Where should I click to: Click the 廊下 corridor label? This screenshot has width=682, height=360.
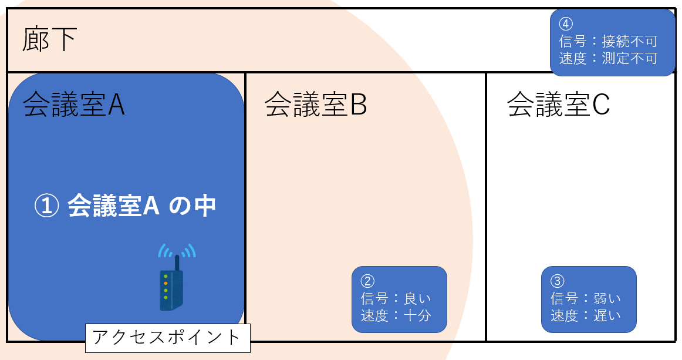tap(49, 41)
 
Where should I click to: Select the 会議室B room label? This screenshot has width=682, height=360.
tap(316, 105)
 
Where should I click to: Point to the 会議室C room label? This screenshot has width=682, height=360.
tap(558, 105)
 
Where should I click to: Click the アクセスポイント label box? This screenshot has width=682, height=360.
tap(167, 338)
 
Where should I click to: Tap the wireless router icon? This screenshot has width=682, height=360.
tap(171, 289)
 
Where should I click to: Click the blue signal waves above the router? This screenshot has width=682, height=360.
tap(176, 251)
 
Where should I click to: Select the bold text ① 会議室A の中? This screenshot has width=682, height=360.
tap(126, 206)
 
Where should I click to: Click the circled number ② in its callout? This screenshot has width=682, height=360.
tap(367, 280)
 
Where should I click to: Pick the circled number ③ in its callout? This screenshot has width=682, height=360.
tap(558, 280)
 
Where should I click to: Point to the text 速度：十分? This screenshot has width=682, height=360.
tap(396, 315)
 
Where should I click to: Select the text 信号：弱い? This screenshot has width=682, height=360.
tap(585, 298)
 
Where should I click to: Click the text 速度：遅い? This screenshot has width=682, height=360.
tap(585, 315)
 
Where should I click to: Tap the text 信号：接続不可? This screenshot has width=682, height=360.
tap(607, 41)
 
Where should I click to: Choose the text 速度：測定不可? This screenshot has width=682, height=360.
tap(607, 59)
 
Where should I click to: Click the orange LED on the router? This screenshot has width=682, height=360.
tap(166, 283)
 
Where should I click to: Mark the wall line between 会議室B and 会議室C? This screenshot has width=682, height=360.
tap(486, 206)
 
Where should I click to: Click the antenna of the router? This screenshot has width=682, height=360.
tap(177, 263)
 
